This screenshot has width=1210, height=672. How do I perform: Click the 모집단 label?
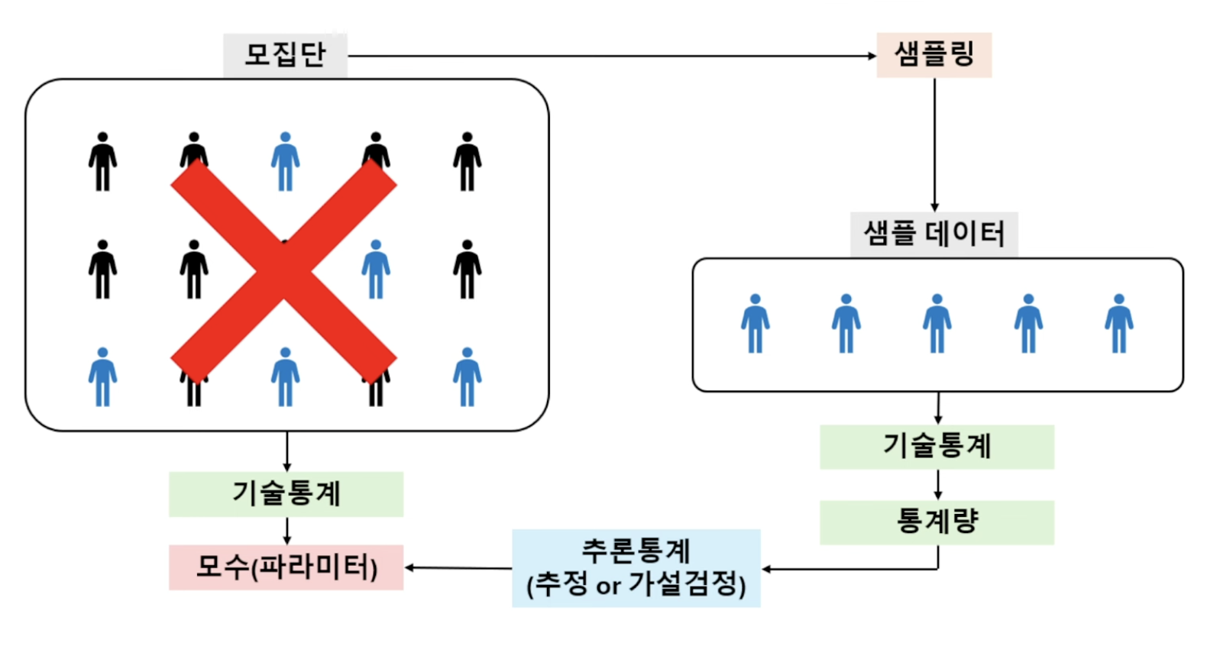click(x=285, y=55)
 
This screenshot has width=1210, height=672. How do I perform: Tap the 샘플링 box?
click(x=933, y=54)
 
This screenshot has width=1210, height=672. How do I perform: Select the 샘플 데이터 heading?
click(x=933, y=234)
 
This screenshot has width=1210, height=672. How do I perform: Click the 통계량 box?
click(x=937, y=522)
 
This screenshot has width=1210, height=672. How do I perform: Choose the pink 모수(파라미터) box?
click(x=286, y=567)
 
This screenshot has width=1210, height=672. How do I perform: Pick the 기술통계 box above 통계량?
click(x=937, y=447)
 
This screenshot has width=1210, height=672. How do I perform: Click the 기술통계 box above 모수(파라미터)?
click(x=286, y=494)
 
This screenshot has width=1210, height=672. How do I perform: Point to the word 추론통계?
click(x=636, y=550)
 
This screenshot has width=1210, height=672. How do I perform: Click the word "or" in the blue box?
click(x=608, y=586)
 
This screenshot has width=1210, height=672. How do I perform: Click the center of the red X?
click(x=283, y=271)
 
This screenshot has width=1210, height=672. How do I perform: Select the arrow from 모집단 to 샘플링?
click(x=611, y=56)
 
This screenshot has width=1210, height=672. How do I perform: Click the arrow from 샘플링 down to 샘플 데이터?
click(x=934, y=145)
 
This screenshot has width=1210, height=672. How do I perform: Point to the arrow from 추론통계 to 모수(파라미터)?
click(x=458, y=568)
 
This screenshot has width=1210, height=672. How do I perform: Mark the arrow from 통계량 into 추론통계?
click(x=848, y=569)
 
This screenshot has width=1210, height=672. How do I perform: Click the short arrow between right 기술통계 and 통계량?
click(x=938, y=485)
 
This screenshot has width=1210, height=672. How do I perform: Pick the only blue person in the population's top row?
click(x=285, y=162)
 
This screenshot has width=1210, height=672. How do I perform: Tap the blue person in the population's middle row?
click(x=376, y=270)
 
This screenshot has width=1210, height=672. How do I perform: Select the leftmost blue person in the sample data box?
click(x=755, y=324)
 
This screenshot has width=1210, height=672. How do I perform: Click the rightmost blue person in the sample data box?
click(x=1118, y=324)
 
